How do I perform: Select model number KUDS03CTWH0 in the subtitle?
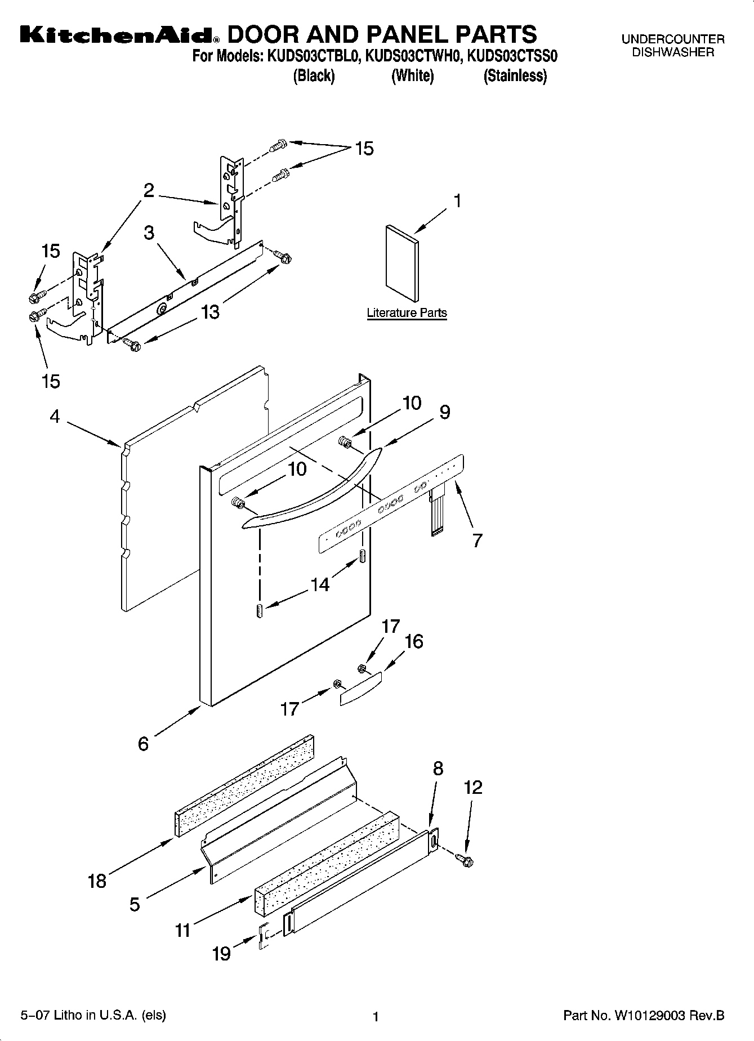(x=414, y=57)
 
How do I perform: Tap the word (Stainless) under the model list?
(x=515, y=75)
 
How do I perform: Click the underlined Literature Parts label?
(x=407, y=313)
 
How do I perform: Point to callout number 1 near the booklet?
(x=458, y=201)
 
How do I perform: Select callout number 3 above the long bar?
(x=149, y=233)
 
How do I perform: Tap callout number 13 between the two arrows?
(x=210, y=311)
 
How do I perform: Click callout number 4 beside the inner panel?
(x=55, y=417)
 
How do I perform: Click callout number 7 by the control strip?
(x=477, y=540)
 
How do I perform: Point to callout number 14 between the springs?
(x=320, y=584)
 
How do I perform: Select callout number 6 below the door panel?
(x=144, y=744)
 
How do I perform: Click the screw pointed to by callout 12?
(x=466, y=860)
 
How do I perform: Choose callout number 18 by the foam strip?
(x=97, y=881)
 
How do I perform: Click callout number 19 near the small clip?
(x=221, y=954)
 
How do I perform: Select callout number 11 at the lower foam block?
(x=182, y=930)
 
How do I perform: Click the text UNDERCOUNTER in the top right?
(x=672, y=39)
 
